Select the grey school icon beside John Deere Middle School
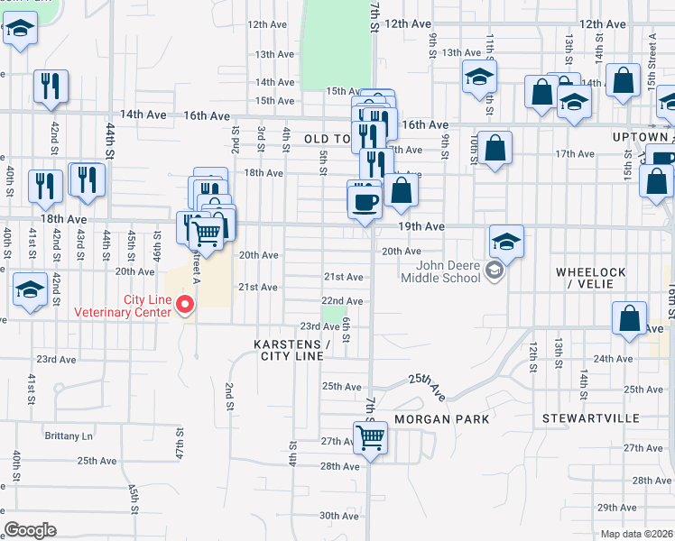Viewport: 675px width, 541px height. [494, 270]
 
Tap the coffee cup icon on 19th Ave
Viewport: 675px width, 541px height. [365, 199]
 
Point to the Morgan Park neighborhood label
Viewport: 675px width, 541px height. [442, 419]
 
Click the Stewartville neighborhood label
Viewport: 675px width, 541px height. [591, 419]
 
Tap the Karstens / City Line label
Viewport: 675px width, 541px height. [291, 350]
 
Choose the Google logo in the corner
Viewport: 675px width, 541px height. [30, 530]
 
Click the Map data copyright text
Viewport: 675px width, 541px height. [636, 534]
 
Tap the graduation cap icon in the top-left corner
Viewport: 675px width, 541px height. [19, 31]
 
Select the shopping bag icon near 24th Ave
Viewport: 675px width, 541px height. [629, 318]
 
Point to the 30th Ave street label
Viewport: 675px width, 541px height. [338, 516]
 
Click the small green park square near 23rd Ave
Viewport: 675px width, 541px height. [334, 314]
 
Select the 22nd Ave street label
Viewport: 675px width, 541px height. [342, 300]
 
